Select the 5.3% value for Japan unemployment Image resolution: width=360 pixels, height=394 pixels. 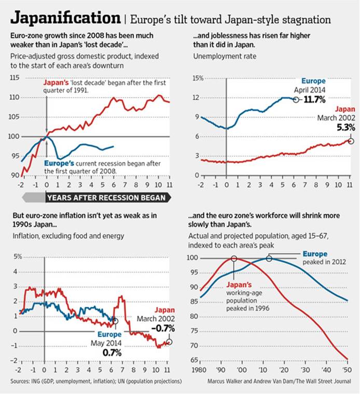point(337,127)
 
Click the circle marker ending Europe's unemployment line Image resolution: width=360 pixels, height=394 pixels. point(296,99)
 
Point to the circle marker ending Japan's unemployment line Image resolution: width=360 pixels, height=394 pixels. point(351,141)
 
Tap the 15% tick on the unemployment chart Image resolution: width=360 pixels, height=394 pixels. point(198,78)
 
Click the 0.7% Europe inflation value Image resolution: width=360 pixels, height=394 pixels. point(112,352)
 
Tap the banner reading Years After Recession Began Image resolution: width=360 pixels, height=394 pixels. point(106,197)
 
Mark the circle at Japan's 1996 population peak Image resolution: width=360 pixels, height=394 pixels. point(234,259)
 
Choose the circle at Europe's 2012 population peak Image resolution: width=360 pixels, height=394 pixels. point(269,259)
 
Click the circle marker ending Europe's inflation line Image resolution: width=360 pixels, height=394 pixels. point(115,321)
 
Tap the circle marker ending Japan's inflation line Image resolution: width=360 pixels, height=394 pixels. point(169,342)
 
